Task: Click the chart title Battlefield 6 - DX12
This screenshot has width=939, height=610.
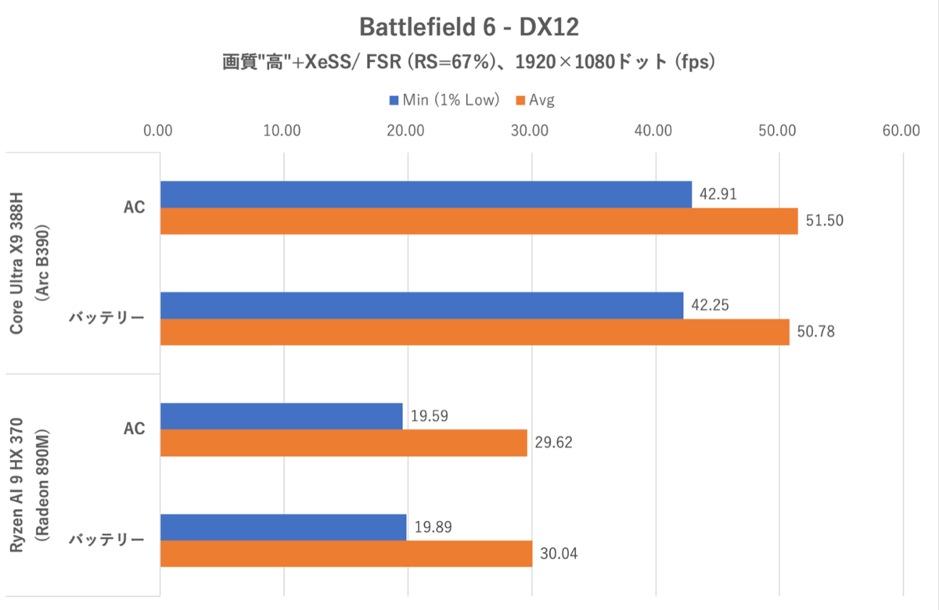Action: (x=469, y=27)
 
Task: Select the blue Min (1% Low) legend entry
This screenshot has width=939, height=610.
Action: (x=443, y=100)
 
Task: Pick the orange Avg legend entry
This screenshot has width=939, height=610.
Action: (x=534, y=100)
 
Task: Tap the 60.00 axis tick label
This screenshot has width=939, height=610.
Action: (x=901, y=131)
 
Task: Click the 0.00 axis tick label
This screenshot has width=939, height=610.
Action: (x=160, y=131)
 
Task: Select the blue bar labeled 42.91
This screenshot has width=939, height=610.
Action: (x=426, y=194)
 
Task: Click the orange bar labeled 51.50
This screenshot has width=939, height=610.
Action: (x=479, y=221)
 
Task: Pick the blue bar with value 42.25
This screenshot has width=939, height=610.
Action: (x=422, y=305)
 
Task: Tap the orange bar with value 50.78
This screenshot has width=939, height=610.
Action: (x=475, y=332)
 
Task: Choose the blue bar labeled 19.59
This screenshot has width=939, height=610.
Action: (x=282, y=416)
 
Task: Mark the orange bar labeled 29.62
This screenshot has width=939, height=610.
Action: (x=344, y=443)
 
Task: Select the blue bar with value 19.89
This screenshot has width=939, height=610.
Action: (x=283, y=527)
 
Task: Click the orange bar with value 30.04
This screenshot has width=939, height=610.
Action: (x=346, y=554)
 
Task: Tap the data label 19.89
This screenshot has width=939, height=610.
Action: (x=433, y=527)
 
